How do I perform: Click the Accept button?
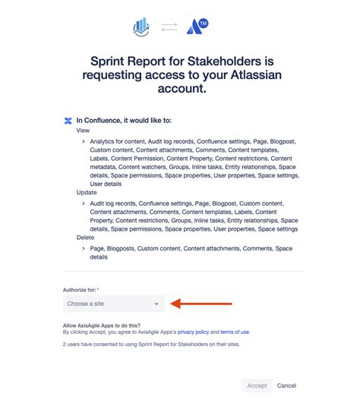point(257,386)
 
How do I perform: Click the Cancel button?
point(286,386)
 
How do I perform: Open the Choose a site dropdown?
point(113,304)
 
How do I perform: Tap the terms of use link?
point(234,332)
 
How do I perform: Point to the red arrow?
point(201,304)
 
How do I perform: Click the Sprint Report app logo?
point(142,28)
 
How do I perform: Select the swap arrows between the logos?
point(169,28)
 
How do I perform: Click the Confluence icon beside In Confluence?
point(68,120)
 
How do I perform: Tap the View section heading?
point(83,131)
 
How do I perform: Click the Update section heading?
point(87,193)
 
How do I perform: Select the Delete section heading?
point(85,238)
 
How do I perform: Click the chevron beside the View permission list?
point(83,141)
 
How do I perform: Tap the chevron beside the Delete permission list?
point(83,248)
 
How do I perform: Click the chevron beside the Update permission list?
point(83,203)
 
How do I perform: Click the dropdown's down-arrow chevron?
point(156,304)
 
